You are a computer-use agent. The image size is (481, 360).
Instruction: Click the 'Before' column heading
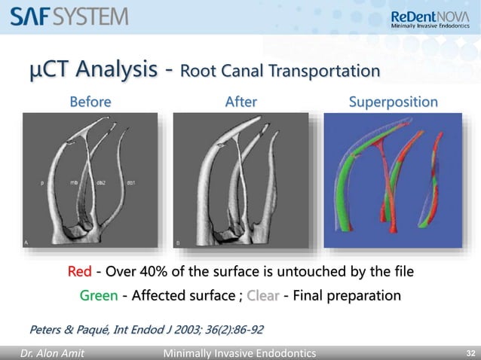click(90, 101)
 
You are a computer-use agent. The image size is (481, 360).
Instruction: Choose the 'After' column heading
click(241, 101)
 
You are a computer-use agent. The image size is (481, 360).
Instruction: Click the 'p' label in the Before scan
click(41, 182)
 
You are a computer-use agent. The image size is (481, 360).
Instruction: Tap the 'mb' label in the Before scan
click(74, 182)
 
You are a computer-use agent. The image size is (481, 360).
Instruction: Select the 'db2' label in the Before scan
click(101, 182)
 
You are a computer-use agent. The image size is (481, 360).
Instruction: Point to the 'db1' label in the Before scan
click(131, 182)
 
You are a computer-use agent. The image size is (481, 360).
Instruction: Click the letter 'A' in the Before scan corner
click(26, 243)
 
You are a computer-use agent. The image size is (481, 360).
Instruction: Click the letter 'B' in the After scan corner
click(177, 243)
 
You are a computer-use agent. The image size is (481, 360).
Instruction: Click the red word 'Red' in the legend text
click(80, 271)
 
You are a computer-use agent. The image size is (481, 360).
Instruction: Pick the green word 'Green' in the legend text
click(99, 296)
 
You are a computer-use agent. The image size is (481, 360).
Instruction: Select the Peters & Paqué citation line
click(146, 329)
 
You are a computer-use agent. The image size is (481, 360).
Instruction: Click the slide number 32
click(469, 351)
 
